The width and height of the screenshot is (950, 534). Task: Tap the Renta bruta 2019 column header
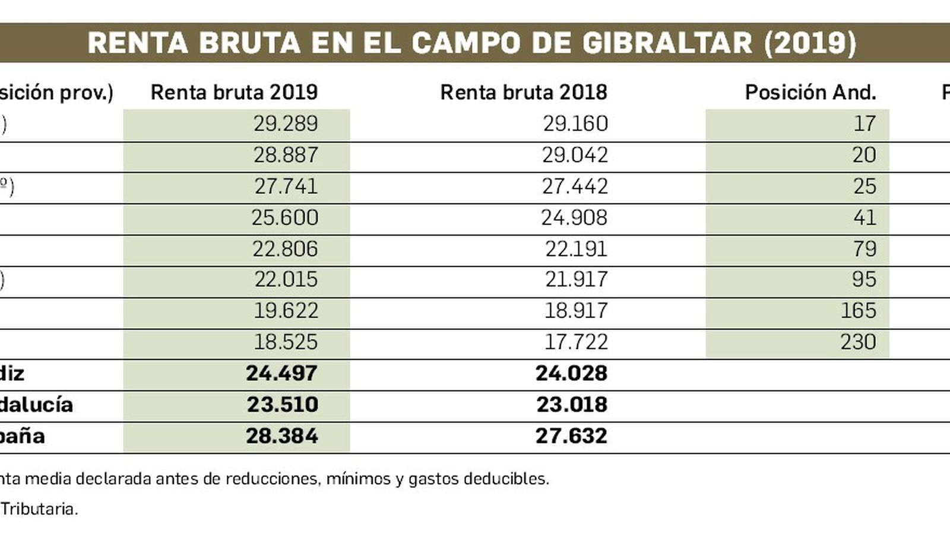(234, 93)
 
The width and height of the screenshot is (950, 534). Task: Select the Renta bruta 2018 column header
(524, 93)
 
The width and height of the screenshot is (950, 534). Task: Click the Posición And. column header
(810, 93)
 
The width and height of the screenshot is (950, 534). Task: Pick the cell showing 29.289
(286, 124)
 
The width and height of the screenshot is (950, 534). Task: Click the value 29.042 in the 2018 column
(575, 155)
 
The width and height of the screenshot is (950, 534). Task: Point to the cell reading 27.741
(286, 186)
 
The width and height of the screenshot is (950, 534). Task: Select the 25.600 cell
(285, 218)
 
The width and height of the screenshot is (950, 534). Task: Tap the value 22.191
(576, 249)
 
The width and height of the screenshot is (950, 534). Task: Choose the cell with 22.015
(286, 279)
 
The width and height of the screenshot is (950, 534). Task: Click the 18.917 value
(576, 311)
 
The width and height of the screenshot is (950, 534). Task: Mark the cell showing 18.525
(286, 342)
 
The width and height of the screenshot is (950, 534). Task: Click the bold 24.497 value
(281, 373)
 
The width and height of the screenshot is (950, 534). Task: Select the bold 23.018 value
(572, 405)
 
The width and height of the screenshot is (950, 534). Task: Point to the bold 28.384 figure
(281, 436)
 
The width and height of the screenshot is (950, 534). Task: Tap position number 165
(858, 311)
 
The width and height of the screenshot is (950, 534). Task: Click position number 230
(858, 342)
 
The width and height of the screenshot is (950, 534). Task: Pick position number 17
(864, 124)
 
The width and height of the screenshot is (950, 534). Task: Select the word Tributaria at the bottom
(39, 509)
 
